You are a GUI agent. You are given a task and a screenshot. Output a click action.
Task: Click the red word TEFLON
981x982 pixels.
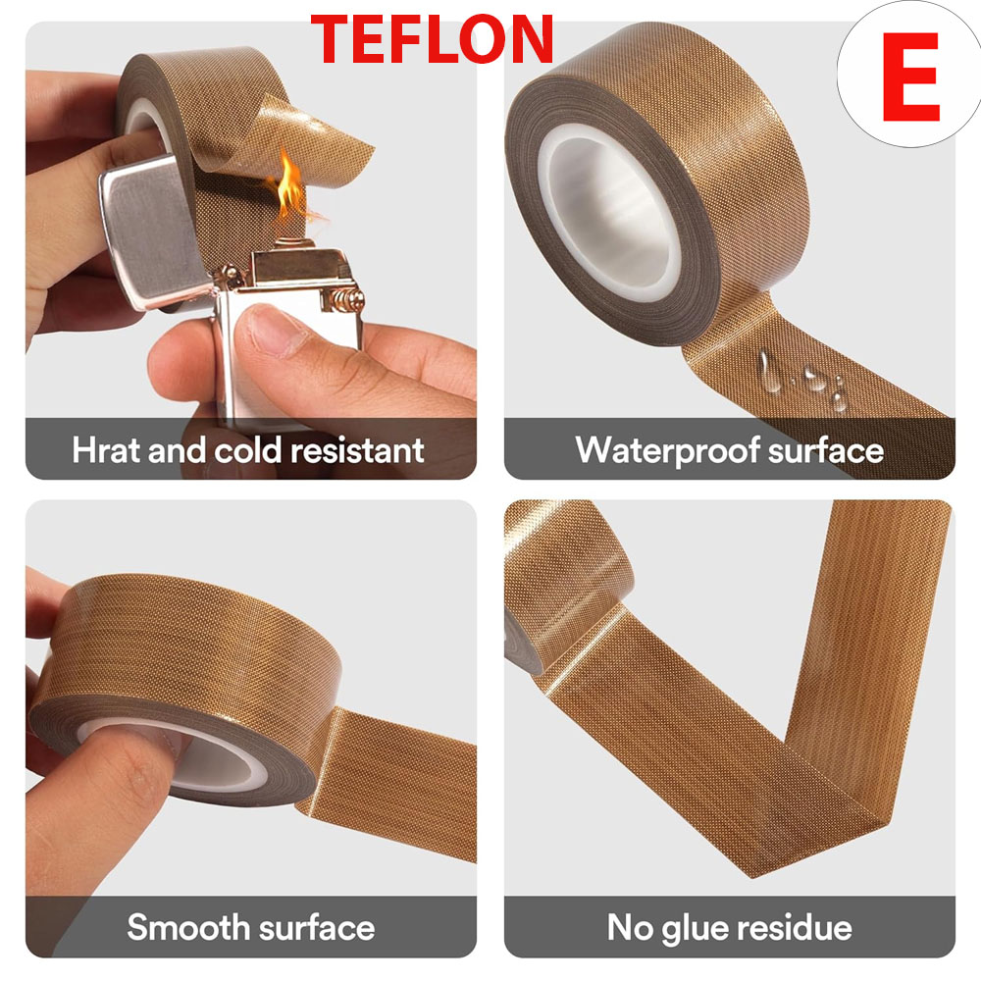pos(433,41)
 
